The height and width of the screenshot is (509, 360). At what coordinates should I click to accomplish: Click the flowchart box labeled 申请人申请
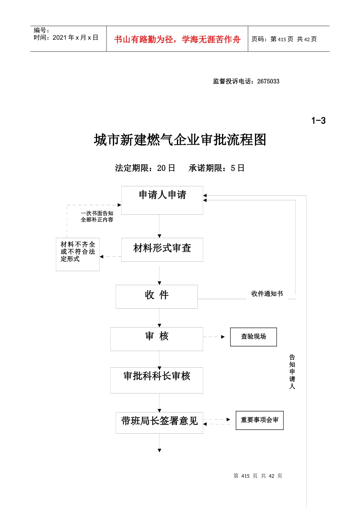click(162, 200)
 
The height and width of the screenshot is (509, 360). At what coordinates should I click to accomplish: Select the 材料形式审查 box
click(162, 249)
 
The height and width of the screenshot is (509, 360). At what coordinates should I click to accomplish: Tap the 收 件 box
click(157, 296)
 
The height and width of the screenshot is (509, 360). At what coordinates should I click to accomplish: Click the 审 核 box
click(157, 339)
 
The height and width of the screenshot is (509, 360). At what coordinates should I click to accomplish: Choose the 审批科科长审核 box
click(157, 380)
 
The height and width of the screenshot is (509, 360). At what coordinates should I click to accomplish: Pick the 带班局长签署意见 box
click(159, 422)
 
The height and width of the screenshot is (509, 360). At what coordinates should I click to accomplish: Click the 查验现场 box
click(254, 337)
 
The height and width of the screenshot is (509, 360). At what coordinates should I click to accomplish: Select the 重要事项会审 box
click(260, 420)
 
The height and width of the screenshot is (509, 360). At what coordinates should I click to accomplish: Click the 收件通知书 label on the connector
click(267, 294)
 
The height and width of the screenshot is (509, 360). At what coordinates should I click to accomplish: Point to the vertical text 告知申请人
click(292, 372)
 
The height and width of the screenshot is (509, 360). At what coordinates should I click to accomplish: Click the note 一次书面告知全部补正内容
click(97, 217)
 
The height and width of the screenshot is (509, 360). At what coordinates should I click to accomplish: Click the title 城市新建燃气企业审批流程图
click(180, 140)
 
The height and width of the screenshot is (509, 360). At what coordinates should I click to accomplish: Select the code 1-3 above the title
click(318, 121)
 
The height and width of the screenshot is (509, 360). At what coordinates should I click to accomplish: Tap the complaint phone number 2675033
click(268, 81)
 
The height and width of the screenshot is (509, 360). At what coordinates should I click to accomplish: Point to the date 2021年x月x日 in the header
click(75, 37)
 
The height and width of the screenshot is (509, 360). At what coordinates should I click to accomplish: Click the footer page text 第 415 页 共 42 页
click(258, 476)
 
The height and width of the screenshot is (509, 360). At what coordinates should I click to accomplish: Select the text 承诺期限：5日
click(216, 168)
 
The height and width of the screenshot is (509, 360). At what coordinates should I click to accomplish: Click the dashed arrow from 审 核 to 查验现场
click(214, 337)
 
